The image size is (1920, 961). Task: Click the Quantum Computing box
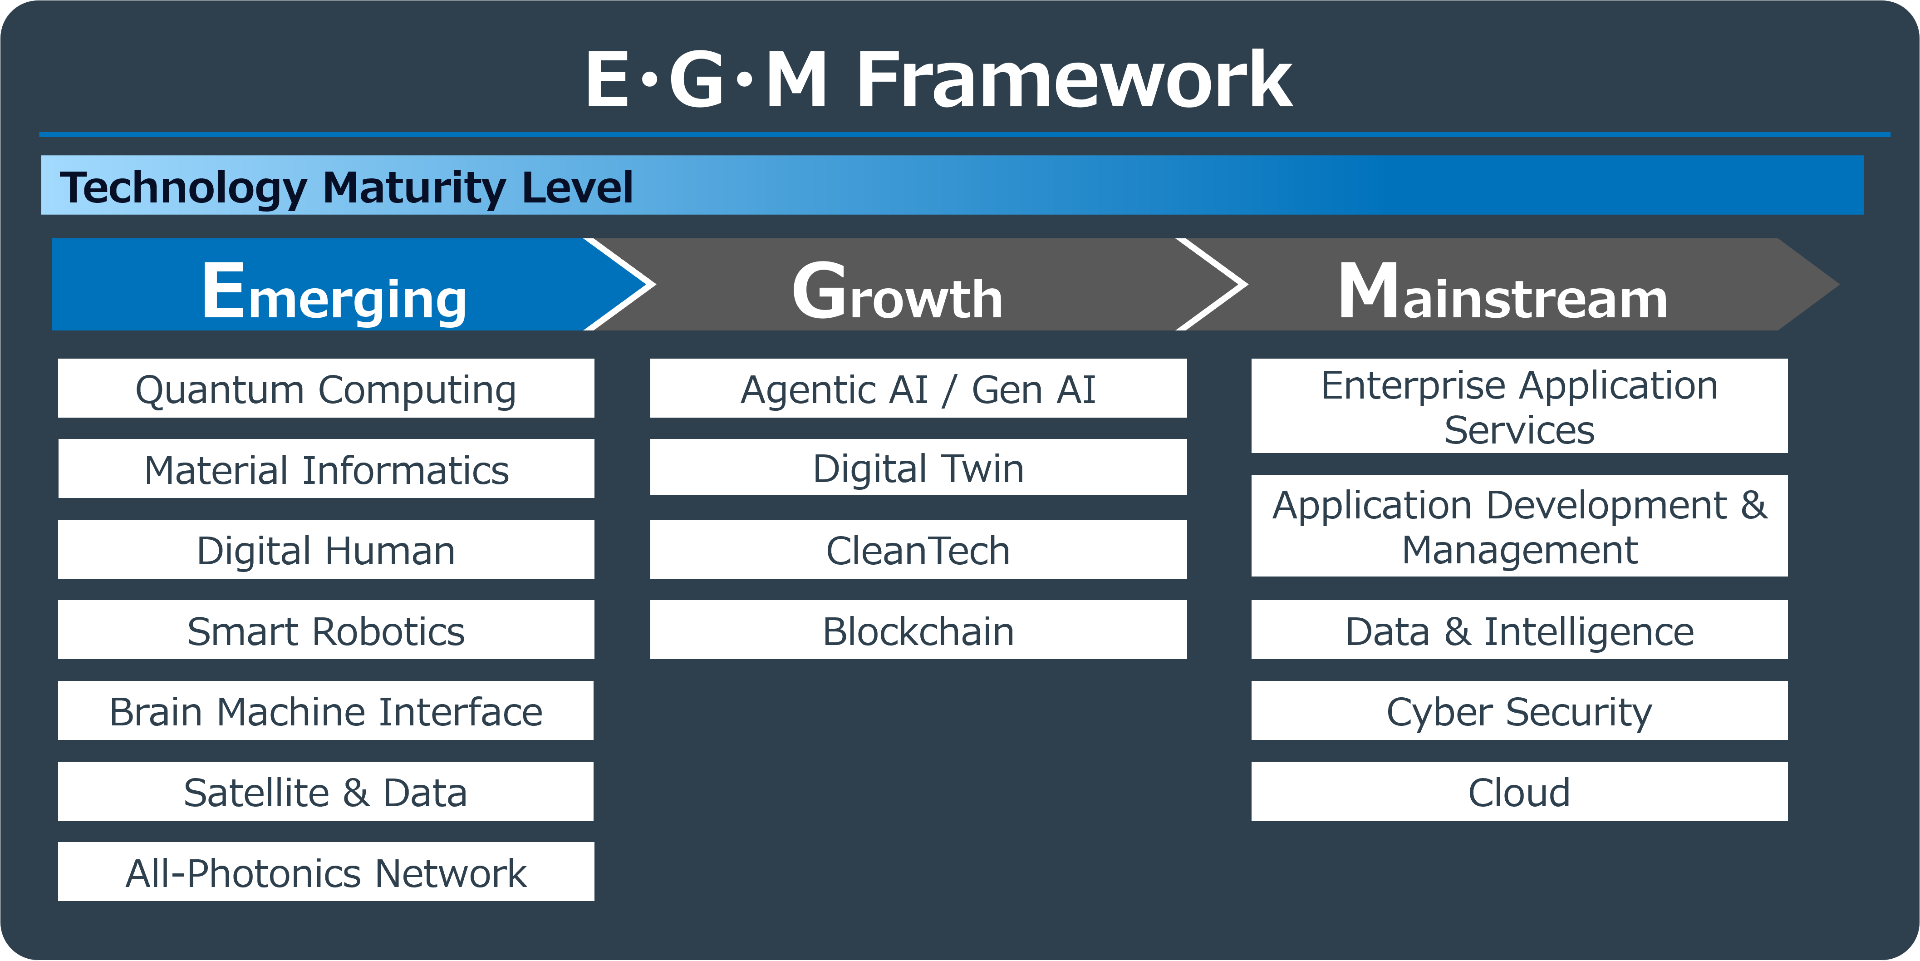tap(326, 389)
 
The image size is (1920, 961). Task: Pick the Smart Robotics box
tap(326, 630)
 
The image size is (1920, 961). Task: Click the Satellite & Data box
tap(326, 791)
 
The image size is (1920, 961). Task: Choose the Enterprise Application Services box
tap(1519, 406)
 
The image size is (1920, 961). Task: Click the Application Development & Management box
tap(1519, 527)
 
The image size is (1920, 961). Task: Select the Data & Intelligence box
tap(1519, 630)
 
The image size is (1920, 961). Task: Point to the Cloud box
tap(1519, 791)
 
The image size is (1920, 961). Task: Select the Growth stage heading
tap(898, 293)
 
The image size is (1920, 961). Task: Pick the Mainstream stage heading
tap(1503, 293)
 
